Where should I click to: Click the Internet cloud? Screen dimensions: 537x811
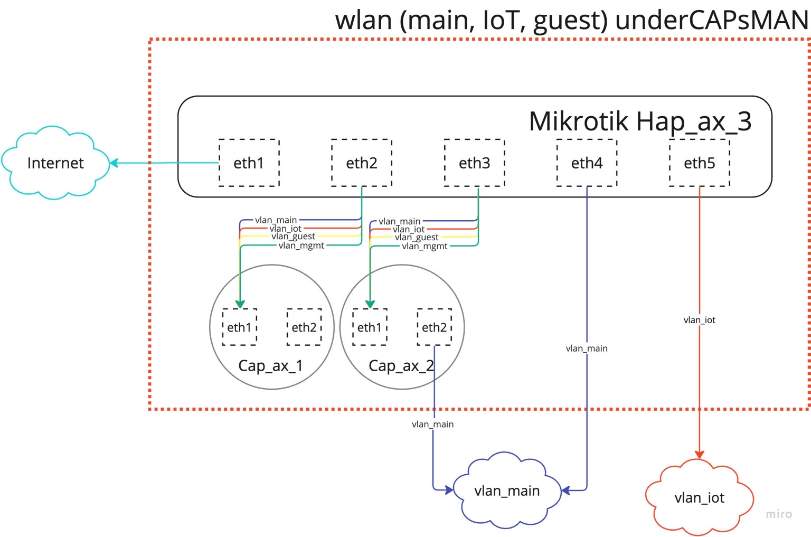pyautogui.click(x=55, y=163)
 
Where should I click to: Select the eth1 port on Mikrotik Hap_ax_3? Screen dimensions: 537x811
pyautogui.click(x=249, y=163)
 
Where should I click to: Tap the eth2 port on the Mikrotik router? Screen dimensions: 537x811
pyautogui.click(x=362, y=163)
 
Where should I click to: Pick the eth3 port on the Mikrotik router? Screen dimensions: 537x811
pyautogui.click(x=474, y=163)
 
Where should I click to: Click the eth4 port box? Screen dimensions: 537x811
pyautogui.click(x=587, y=163)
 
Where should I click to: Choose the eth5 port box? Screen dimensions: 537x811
pyautogui.click(x=699, y=163)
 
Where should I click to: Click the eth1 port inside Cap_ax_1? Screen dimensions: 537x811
pyautogui.click(x=239, y=327)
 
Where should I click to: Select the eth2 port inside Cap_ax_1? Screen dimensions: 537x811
pyautogui.click(x=304, y=327)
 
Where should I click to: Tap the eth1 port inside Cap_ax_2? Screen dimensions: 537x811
pyautogui.click(x=370, y=327)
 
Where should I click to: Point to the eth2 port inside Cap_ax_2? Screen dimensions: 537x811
pyautogui.click(x=434, y=327)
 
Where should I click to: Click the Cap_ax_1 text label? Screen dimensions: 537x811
pyautogui.click(x=270, y=365)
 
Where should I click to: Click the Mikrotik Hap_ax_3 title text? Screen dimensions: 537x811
pyautogui.click(x=640, y=121)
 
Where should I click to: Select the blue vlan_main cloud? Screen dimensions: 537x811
pyautogui.click(x=507, y=491)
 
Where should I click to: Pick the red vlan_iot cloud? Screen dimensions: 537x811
pyautogui.click(x=699, y=497)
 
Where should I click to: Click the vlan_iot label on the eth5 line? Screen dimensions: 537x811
pyautogui.click(x=699, y=320)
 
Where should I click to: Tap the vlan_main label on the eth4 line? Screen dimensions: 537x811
pyautogui.click(x=587, y=348)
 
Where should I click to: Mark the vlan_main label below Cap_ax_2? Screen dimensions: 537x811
pyautogui.click(x=432, y=425)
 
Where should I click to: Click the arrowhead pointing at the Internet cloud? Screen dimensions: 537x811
pyautogui.click(x=114, y=163)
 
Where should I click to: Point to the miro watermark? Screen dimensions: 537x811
pyautogui.click(x=779, y=514)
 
